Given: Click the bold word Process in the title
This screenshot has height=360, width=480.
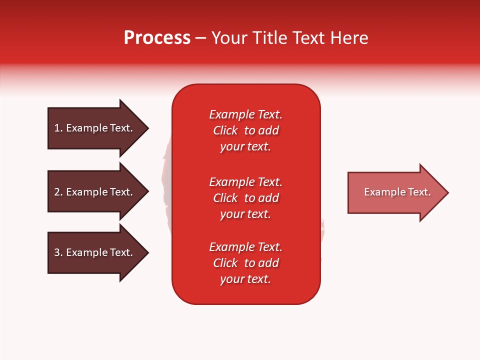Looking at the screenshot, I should (157, 38).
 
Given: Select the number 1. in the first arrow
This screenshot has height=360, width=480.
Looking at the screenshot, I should (58, 128).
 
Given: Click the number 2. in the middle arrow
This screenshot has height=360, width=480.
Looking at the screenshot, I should (58, 192).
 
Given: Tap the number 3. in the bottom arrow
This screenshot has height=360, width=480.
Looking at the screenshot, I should (58, 252).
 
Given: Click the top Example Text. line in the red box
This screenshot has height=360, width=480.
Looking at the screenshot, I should (245, 114).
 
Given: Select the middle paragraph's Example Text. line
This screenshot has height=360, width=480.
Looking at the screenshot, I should (245, 182).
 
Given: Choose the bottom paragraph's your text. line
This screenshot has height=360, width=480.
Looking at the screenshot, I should (245, 279).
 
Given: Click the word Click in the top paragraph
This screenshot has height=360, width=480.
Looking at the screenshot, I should (225, 130).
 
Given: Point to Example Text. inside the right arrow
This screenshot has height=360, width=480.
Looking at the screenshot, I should (397, 192).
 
